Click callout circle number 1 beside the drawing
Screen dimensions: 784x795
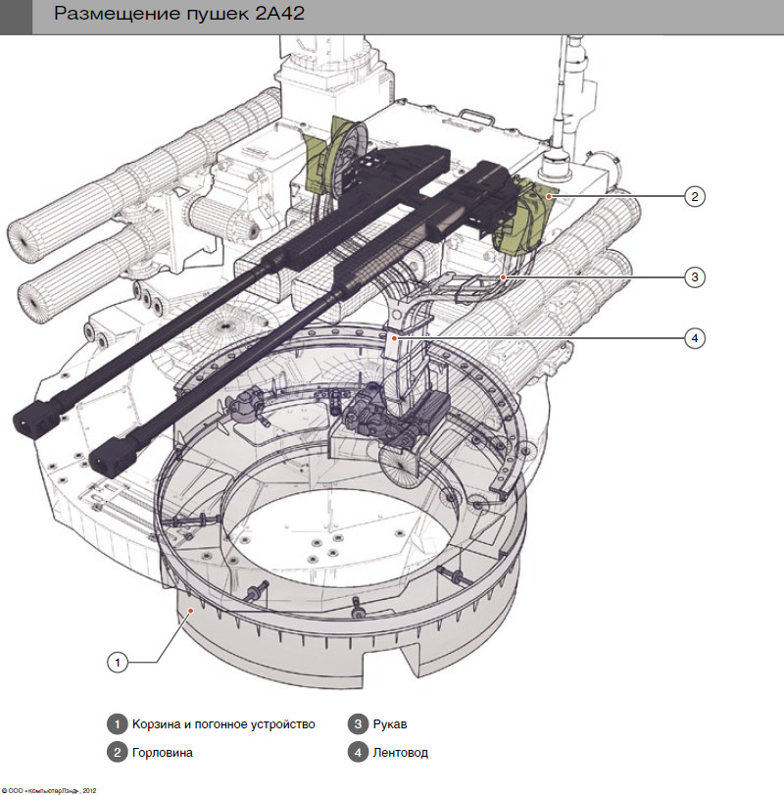[x=118, y=662]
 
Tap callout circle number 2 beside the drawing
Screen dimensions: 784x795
[x=694, y=196]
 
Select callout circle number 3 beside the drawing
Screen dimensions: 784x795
[x=694, y=276]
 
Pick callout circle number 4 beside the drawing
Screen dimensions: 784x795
[x=694, y=337]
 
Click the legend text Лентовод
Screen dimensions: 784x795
[x=401, y=753]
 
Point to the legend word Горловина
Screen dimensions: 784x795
[x=162, y=753]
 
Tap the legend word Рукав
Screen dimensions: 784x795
[x=390, y=724]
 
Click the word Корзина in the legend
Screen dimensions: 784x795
[x=156, y=724]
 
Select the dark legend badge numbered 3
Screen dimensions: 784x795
[x=358, y=724]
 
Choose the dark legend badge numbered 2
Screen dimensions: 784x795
[x=117, y=753]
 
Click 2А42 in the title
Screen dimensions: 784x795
[x=279, y=14]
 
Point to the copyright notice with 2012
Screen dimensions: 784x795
[x=49, y=790]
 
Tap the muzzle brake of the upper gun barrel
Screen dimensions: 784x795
[x=36, y=418]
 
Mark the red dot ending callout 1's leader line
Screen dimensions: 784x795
[x=191, y=611]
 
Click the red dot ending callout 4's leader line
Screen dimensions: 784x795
[x=394, y=337]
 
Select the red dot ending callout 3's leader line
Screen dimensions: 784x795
[x=504, y=276]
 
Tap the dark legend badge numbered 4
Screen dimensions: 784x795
[x=358, y=753]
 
